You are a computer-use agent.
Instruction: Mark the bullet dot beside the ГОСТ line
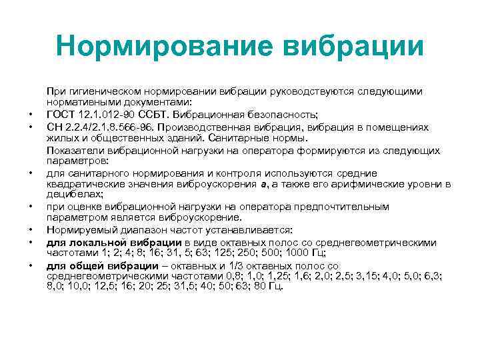click(x=31, y=115)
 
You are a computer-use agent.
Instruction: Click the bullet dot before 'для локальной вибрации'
click(x=31, y=243)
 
